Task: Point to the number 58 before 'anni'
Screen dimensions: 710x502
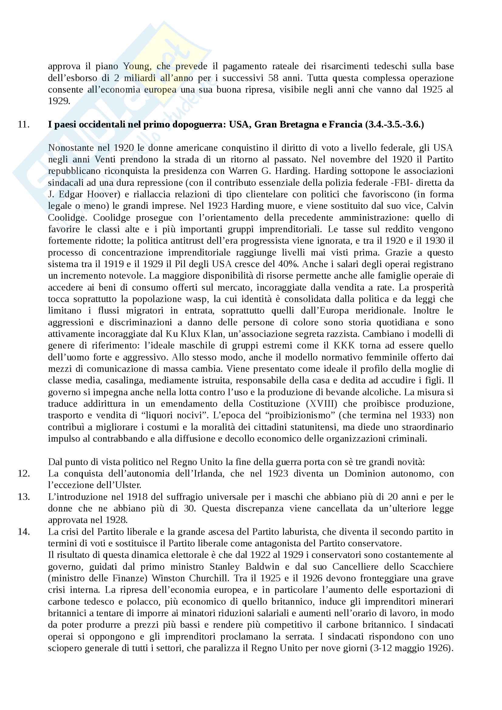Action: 273,78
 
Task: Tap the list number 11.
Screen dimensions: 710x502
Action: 23,124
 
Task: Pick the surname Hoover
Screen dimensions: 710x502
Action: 104,194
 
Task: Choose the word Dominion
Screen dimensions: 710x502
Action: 365,474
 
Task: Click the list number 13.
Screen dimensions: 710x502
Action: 23,497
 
